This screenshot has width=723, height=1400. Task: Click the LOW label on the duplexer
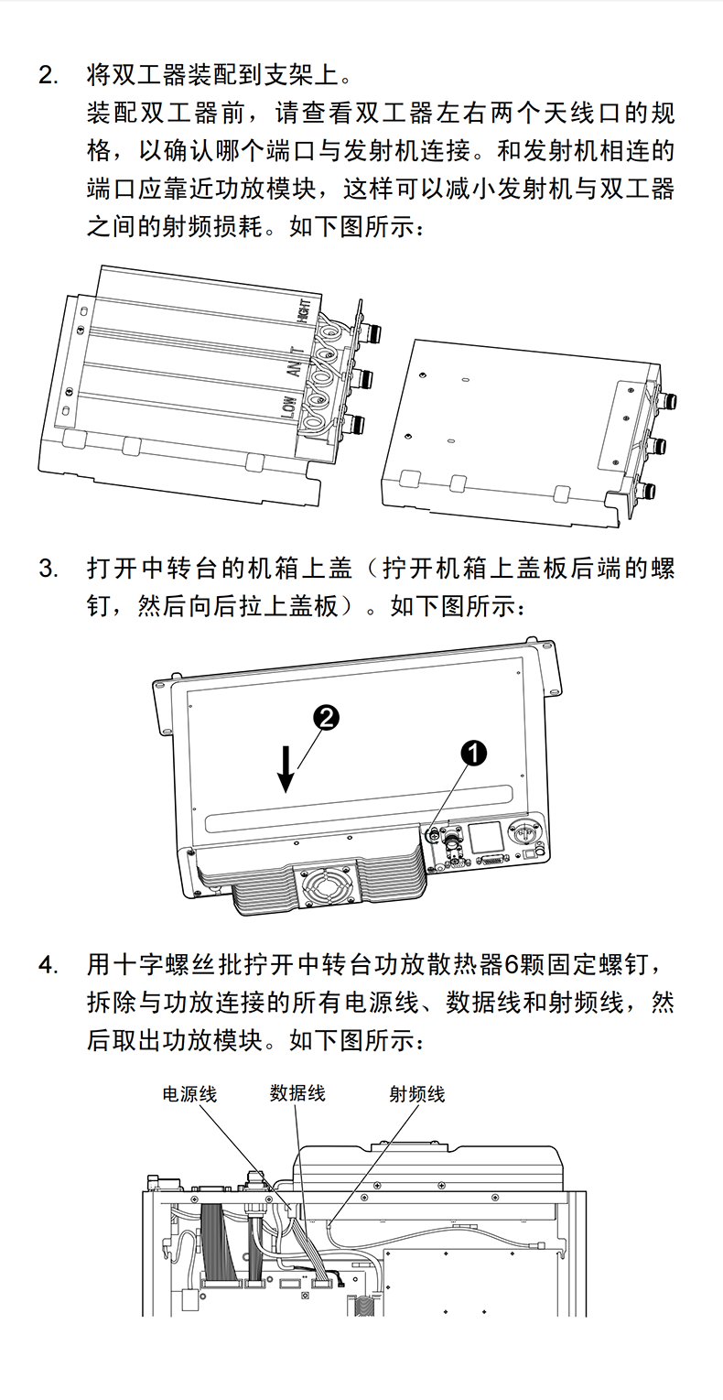click(287, 409)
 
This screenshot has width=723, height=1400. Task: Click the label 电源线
click(189, 1093)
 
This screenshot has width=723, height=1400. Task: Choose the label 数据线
click(297, 1093)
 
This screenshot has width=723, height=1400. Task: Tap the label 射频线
click(416, 1093)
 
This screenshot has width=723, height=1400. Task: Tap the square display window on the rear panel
click(486, 839)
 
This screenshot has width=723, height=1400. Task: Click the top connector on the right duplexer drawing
click(672, 401)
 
